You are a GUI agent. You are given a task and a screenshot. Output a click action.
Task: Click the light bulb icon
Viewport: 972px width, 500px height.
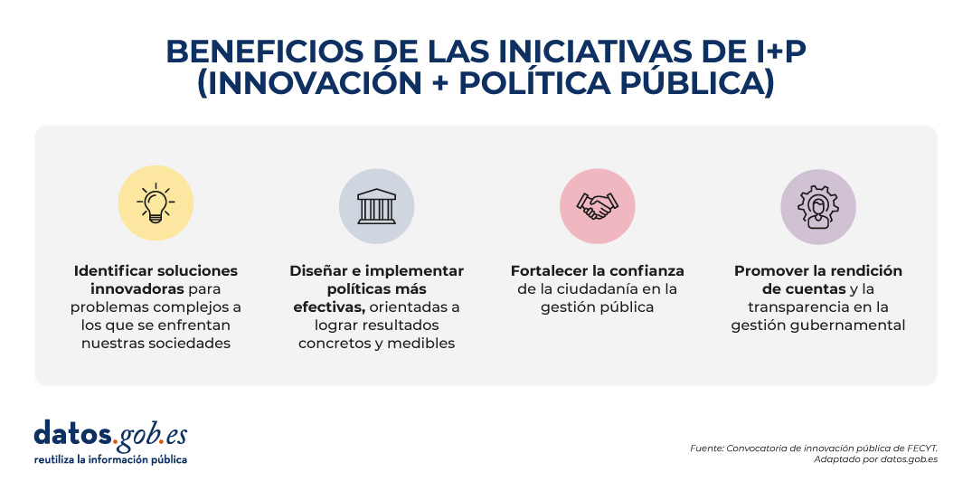click(x=156, y=203)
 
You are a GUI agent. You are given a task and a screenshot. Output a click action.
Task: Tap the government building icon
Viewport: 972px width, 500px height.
click(x=376, y=206)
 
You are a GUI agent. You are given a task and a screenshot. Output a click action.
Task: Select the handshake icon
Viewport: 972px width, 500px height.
click(x=597, y=206)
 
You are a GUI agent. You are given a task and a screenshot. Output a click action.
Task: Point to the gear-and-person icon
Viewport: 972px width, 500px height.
click(x=817, y=207)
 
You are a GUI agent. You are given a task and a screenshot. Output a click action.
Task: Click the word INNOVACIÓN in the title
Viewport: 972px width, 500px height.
click(x=309, y=84)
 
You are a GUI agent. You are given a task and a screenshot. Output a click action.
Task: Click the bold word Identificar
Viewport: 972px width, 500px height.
click(x=113, y=270)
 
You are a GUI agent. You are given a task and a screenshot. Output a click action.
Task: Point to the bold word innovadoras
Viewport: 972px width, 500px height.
click(x=137, y=288)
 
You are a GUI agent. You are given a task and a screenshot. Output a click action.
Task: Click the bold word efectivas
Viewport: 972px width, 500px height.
click(x=329, y=307)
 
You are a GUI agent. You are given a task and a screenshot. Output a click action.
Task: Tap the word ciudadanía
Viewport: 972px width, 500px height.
click(x=592, y=288)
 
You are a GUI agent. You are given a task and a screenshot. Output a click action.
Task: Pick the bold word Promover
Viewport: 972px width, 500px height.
click(x=770, y=270)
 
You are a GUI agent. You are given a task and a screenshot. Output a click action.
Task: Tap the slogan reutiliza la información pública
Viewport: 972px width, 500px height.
click(x=110, y=459)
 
